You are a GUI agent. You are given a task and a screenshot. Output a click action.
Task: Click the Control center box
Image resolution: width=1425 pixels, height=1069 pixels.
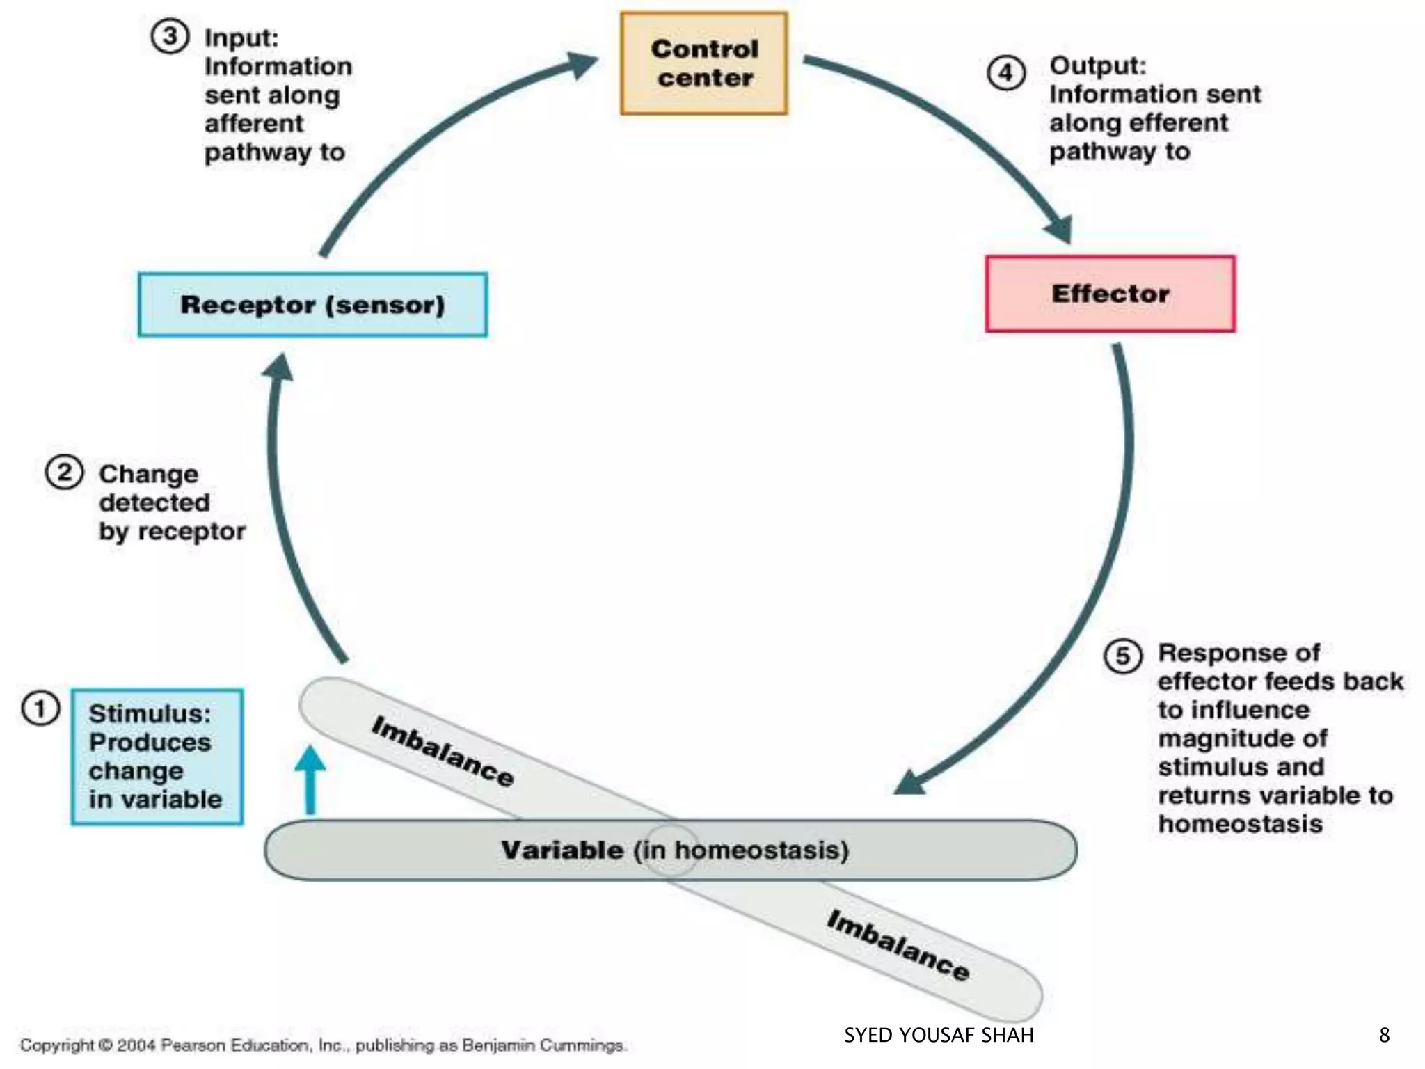[704, 63]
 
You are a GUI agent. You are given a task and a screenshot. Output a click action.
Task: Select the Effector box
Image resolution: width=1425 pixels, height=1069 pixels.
[1110, 294]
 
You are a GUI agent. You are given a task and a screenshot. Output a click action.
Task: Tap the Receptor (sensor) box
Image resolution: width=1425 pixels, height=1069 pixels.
[312, 305]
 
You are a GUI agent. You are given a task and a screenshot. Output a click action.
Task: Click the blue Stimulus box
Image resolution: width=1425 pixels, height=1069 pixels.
[157, 757]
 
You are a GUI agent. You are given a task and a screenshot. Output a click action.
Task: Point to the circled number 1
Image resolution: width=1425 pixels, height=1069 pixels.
[40, 709]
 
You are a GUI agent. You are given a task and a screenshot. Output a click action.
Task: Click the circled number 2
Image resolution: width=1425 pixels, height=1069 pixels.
[64, 473]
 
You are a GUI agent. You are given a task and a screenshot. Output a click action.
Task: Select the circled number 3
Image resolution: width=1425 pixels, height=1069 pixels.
[170, 36]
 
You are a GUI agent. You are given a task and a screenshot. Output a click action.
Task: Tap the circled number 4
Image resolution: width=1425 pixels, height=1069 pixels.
[1006, 73]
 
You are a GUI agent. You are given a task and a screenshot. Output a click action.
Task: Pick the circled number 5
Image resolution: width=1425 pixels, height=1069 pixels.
[1122, 656]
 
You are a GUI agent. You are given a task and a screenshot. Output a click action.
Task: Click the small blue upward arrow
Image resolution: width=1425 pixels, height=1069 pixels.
[310, 776]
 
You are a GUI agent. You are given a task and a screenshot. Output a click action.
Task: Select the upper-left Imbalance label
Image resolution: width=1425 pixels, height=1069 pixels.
[443, 751]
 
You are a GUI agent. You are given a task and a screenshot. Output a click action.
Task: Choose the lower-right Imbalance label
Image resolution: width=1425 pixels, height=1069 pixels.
[898, 945]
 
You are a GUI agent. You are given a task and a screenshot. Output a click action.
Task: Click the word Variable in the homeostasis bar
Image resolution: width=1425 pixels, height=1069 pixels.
[562, 850]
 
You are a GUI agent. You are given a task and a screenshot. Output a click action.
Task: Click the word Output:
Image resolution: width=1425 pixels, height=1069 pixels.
[1097, 65]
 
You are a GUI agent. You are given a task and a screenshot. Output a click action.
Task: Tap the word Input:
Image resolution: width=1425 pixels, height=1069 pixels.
[241, 38]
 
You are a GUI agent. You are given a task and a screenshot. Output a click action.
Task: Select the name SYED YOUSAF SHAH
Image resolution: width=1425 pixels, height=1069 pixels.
[939, 1036]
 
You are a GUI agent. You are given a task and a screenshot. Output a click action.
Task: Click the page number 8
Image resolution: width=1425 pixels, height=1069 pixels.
[1384, 1036]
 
